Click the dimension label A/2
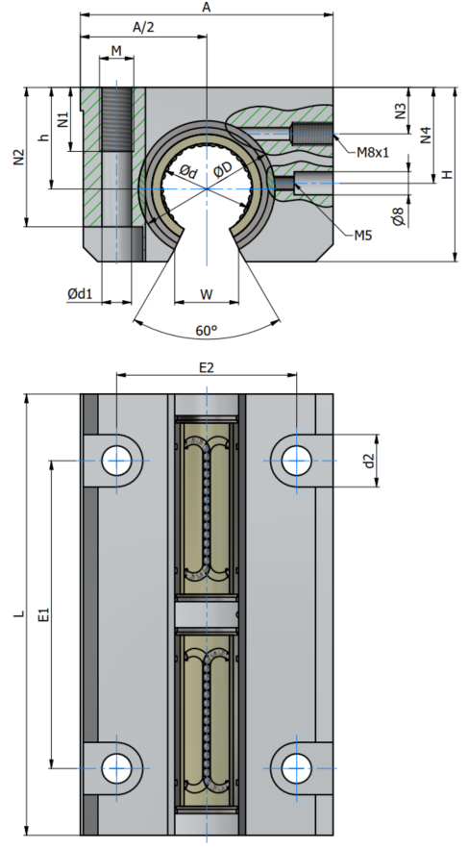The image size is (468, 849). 143,28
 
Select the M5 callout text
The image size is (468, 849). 363,236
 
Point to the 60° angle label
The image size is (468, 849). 207,331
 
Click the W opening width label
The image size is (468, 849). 207,294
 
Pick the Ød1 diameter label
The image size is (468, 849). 80,294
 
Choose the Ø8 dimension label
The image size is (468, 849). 398,215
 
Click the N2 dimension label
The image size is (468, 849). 19,158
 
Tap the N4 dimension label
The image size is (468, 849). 427,135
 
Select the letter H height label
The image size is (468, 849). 447,174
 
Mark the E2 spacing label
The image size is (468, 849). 207,368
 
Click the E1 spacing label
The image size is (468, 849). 44,614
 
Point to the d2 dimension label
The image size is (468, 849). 369,462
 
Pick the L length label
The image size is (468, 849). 19,614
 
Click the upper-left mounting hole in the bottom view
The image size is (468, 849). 117,461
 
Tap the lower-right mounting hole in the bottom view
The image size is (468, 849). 297,768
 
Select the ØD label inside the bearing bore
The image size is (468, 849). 223,169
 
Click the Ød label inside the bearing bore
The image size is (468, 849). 188,172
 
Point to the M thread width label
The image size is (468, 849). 116,51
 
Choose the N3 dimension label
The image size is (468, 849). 400,111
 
